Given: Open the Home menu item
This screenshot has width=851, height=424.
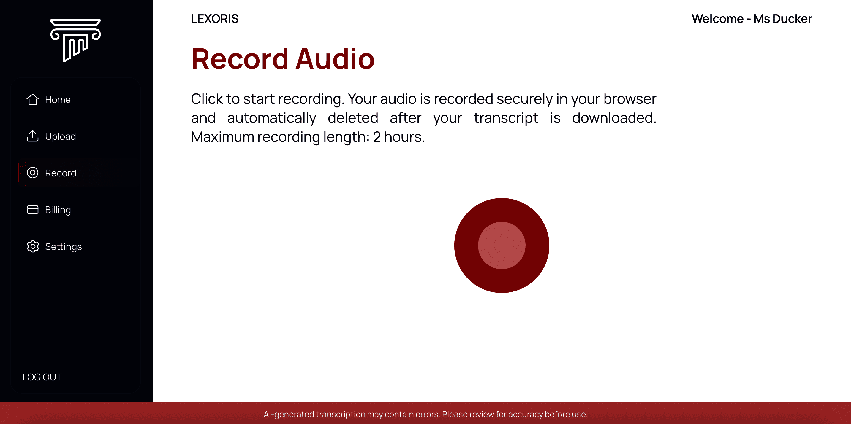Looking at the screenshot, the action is [58, 99].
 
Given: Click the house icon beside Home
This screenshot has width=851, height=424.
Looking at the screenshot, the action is [33, 99].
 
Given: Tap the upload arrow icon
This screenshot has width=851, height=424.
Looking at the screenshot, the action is [33, 136].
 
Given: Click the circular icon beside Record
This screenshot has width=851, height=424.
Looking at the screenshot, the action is [33, 173].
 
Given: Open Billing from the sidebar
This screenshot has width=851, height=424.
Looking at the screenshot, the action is [58, 210].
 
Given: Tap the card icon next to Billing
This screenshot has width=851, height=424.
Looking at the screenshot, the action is [33, 210].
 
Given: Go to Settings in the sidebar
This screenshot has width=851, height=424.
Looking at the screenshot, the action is [64, 247].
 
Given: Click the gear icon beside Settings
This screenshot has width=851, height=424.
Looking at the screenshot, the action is [33, 246].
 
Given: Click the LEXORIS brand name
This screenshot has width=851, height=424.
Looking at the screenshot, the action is [215, 19].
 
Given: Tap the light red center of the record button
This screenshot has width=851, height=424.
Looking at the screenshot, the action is [502, 246].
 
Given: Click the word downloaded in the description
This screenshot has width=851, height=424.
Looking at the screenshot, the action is [614, 118].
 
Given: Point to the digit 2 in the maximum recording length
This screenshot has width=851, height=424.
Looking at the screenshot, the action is [377, 137].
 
